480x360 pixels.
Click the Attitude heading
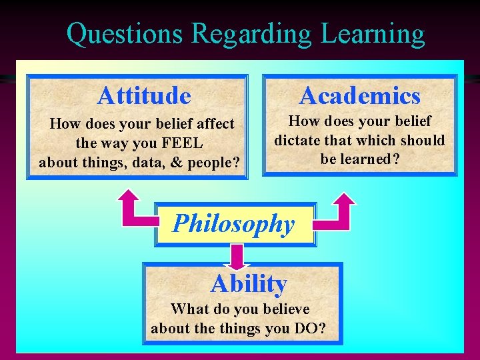click(144, 96)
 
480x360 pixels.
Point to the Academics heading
click(360, 96)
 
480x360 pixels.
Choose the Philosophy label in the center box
click(233, 224)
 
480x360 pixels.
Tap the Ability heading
click(249, 284)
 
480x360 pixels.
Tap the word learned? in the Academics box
click(373, 159)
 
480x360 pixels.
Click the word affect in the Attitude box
click(213, 124)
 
